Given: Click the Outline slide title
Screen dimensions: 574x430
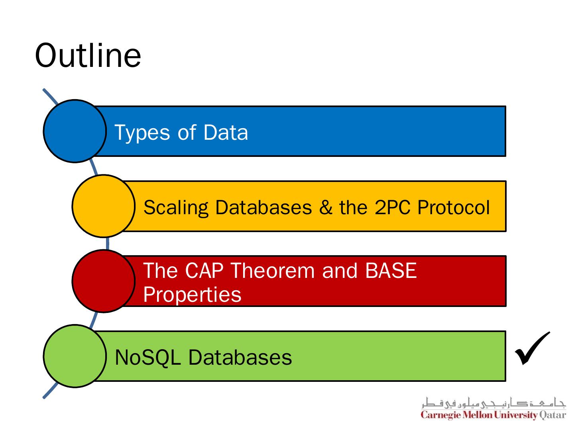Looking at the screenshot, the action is point(88,55).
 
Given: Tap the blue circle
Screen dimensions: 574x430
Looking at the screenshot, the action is point(75,131).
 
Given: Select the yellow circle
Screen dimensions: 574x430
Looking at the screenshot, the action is point(103,206).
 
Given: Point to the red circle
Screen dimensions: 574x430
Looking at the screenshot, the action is point(103,281).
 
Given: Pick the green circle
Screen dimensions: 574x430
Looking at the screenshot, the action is point(75,356).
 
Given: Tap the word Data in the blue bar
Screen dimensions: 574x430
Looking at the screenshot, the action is point(226,132).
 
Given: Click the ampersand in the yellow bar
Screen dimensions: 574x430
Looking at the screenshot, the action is point(325,207).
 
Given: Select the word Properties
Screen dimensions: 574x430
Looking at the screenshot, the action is point(192,295).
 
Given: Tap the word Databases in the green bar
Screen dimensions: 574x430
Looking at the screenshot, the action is point(240,357).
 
